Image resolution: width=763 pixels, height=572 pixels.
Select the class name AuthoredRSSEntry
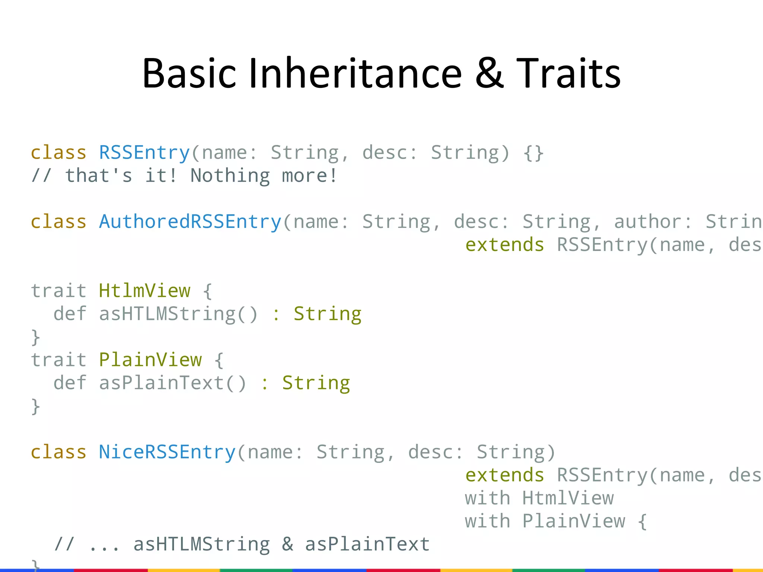[190, 222]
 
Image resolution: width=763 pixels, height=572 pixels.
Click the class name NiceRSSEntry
[167, 452]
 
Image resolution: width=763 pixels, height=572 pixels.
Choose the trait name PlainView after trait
[150, 360]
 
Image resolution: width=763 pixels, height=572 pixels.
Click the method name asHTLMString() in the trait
[178, 314]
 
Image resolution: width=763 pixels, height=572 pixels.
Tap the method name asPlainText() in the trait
[172, 383]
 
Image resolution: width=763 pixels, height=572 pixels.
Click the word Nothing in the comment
[230, 175]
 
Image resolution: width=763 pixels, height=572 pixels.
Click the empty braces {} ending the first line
[533, 153]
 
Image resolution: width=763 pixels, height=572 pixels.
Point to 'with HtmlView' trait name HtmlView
[568, 498]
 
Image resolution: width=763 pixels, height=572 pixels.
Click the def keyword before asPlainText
[70, 383]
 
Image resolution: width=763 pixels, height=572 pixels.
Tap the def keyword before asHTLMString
[70, 314]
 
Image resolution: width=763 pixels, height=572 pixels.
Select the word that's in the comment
[98, 175]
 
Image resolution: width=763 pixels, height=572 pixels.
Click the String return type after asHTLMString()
[327, 314]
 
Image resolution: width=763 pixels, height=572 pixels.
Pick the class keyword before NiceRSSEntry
[58, 452]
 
